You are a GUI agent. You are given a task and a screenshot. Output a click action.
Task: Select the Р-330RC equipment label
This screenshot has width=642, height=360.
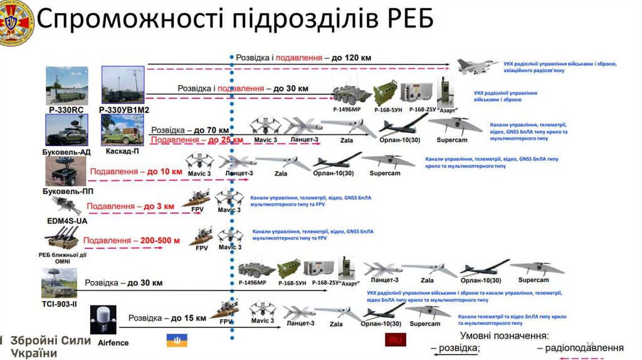(x=66, y=110)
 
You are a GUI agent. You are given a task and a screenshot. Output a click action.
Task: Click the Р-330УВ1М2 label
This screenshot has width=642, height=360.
(x=124, y=110)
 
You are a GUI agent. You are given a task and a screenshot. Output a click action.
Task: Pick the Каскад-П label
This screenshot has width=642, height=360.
(x=122, y=151)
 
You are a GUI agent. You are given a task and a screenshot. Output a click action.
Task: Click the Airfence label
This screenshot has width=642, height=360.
(x=113, y=342)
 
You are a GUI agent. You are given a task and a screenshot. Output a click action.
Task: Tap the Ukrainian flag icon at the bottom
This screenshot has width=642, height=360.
(x=176, y=340)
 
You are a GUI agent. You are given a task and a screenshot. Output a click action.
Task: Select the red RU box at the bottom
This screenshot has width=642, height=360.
(x=395, y=340)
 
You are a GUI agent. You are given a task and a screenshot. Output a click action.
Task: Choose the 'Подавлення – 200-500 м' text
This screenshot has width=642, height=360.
(x=132, y=240)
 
